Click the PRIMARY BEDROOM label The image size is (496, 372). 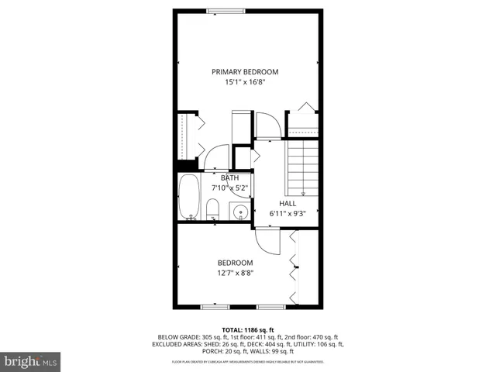click(x=245, y=71)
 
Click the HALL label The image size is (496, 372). click(x=288, y=203)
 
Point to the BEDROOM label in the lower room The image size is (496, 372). click(x=235, y=263)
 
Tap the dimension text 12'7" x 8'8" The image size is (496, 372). click(x=235, y=273)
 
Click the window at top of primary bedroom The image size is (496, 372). click(x=229, y=11)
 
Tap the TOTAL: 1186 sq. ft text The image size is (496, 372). click(x=247, y=330)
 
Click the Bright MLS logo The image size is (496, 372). click(x=30, y=360)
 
